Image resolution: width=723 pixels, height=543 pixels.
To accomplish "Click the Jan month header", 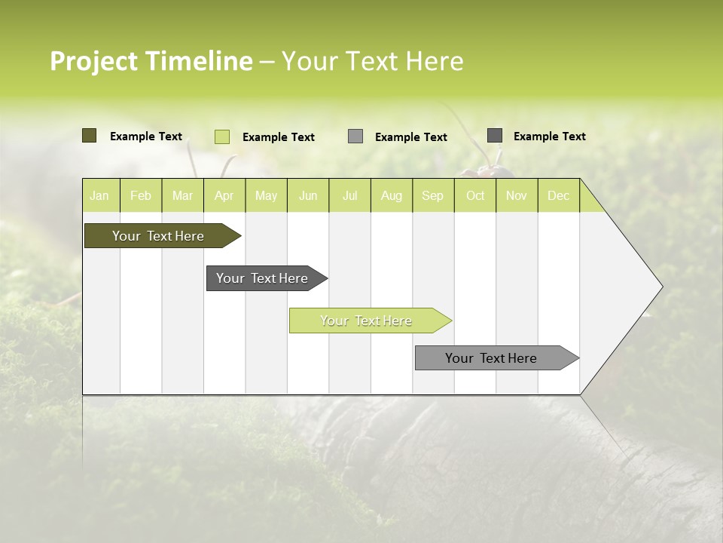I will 100,195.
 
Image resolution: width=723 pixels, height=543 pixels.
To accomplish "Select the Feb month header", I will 141,195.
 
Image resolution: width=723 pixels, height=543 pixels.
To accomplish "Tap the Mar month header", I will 182,195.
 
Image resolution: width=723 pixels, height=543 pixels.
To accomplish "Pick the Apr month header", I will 224,195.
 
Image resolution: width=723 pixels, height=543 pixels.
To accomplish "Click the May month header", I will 266,195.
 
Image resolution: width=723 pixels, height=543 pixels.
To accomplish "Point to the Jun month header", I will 308,195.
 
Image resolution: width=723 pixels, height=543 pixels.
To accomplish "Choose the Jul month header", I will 349,195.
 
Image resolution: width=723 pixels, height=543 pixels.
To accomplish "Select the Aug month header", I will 392,195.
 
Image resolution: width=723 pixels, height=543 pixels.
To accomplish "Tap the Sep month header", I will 433,195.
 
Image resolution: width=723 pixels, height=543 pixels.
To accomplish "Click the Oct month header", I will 475,195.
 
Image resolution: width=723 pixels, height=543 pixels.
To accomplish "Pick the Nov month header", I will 517,195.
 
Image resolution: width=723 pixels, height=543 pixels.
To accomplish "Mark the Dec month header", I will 558,195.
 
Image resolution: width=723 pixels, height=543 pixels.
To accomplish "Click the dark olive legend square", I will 89,136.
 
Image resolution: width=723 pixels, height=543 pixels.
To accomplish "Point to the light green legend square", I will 221,137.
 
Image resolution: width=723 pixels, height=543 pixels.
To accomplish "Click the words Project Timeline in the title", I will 151,61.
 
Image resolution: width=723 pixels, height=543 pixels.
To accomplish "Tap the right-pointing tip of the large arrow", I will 660,287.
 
